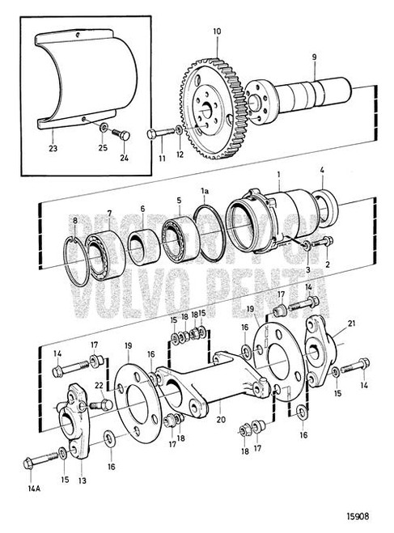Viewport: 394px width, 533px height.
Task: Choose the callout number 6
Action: click(142, 208)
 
